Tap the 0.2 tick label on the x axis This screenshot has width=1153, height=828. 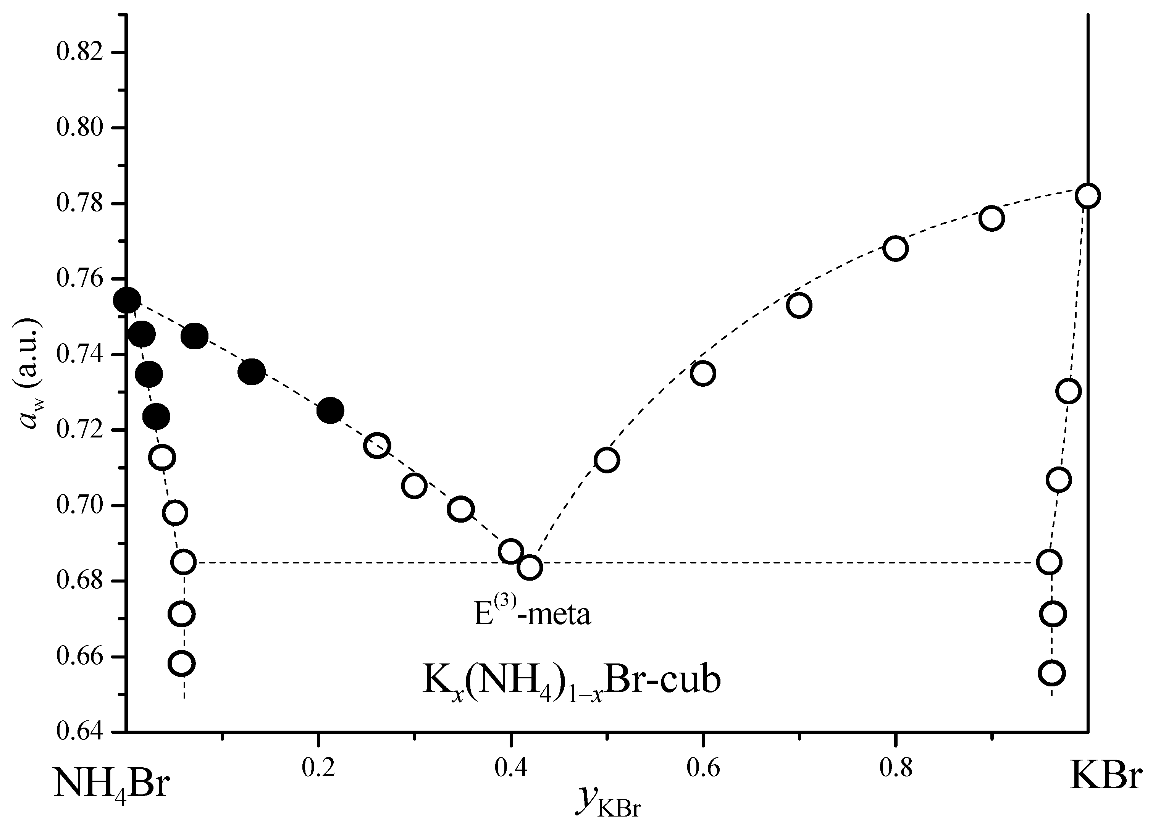point(318,768)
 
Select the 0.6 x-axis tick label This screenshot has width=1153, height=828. point(703,768)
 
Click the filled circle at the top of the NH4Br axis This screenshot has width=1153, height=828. point(127,300)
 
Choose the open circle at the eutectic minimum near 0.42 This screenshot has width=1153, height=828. point(530,567)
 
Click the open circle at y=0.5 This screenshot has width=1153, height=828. point(607,460)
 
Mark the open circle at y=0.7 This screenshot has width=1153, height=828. point(799,305)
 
